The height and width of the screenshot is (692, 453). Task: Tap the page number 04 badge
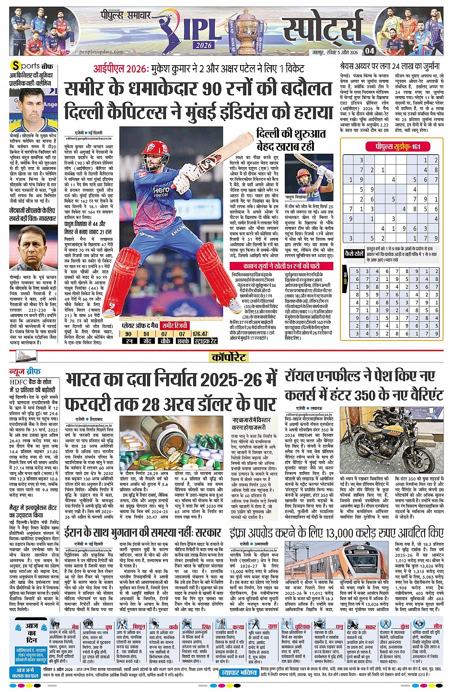(x=369, y=50)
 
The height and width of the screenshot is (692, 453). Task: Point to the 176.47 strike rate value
(x=200, y=334)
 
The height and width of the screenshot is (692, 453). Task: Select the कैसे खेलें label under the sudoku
(x=354, y=254)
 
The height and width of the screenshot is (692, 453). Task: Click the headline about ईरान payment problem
(x=143, y=532)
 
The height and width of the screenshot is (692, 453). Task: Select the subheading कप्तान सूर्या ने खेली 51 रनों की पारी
(x=281, y=266)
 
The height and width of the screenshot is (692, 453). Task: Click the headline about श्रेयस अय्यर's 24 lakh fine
(x=389, y=66)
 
